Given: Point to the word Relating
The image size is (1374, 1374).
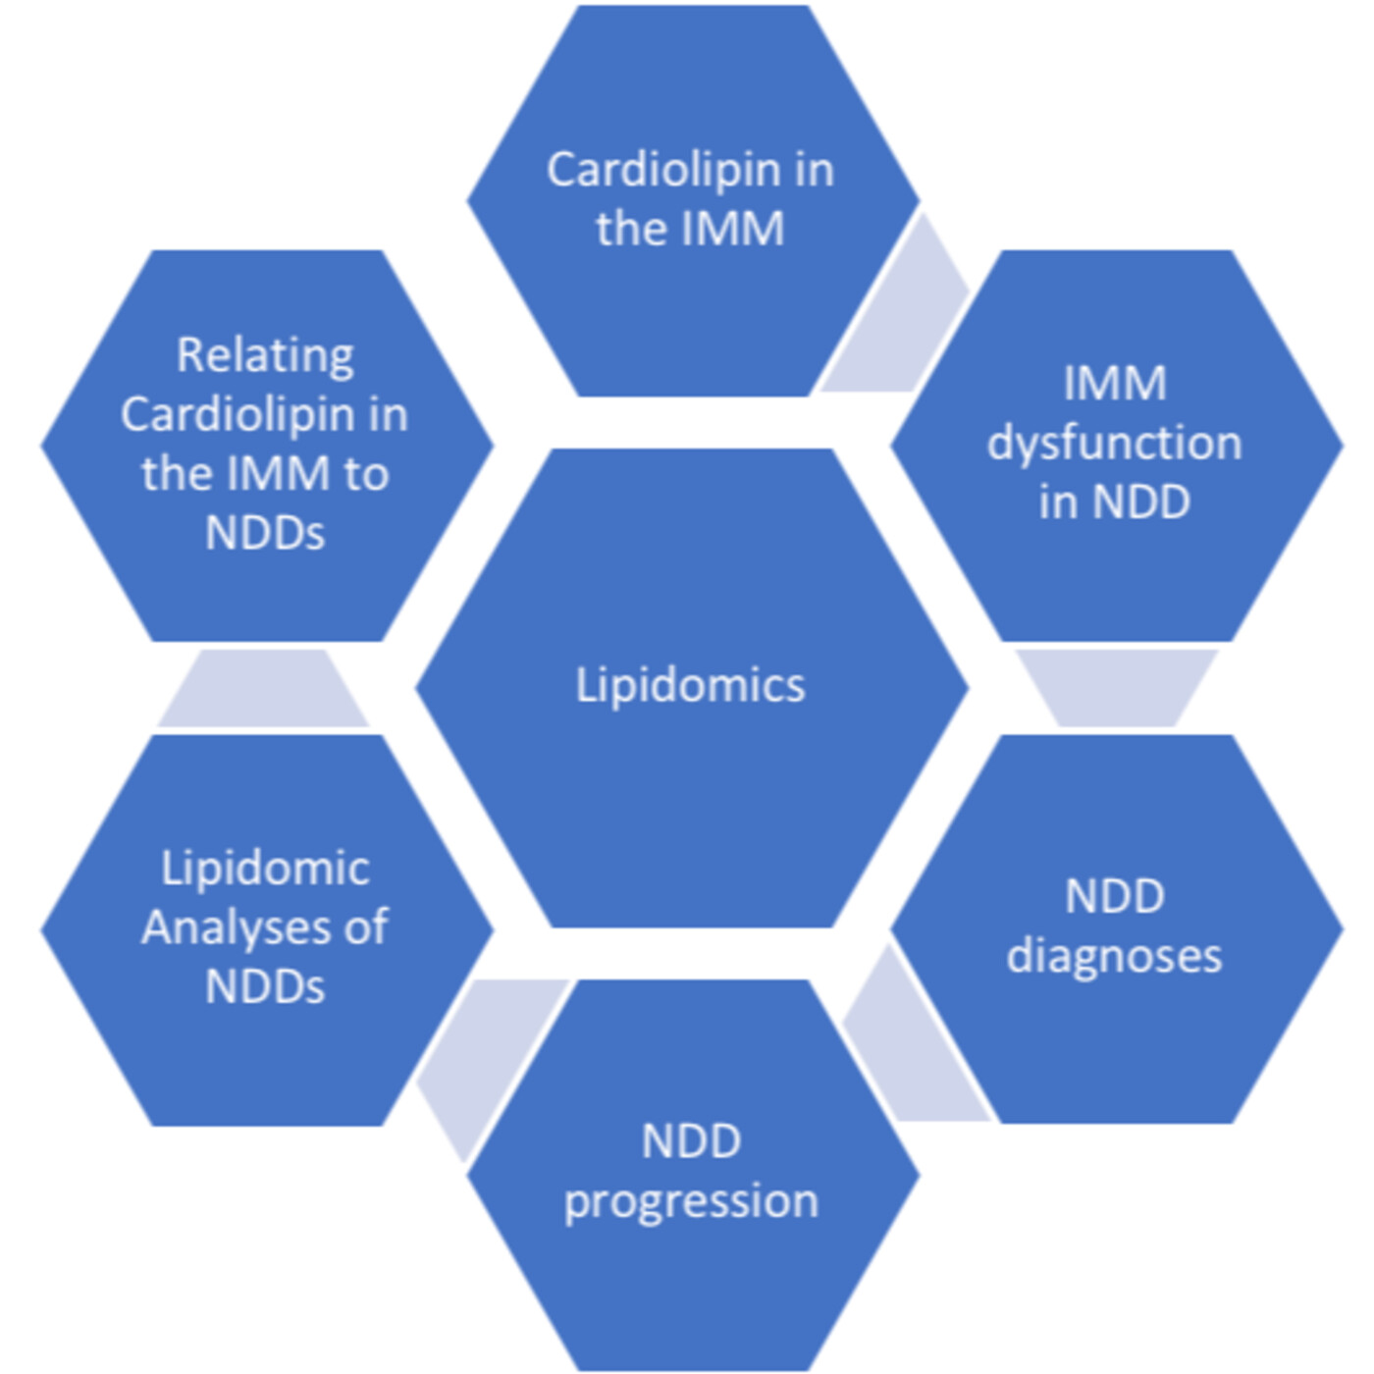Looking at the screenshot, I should [265, 355].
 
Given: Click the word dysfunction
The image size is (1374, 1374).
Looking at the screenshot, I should [1115, 444].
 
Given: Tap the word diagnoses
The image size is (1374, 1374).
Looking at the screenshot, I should [1115, 956].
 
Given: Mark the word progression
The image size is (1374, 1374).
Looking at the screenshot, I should [692, 1201].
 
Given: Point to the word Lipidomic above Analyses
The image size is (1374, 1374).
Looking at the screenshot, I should [265, 869].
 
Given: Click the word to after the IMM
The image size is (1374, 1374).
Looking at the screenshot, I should [366, 474].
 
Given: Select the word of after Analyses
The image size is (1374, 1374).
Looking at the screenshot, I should [366, 927].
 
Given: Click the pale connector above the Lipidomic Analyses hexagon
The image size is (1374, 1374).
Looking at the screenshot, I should [263, 689].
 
